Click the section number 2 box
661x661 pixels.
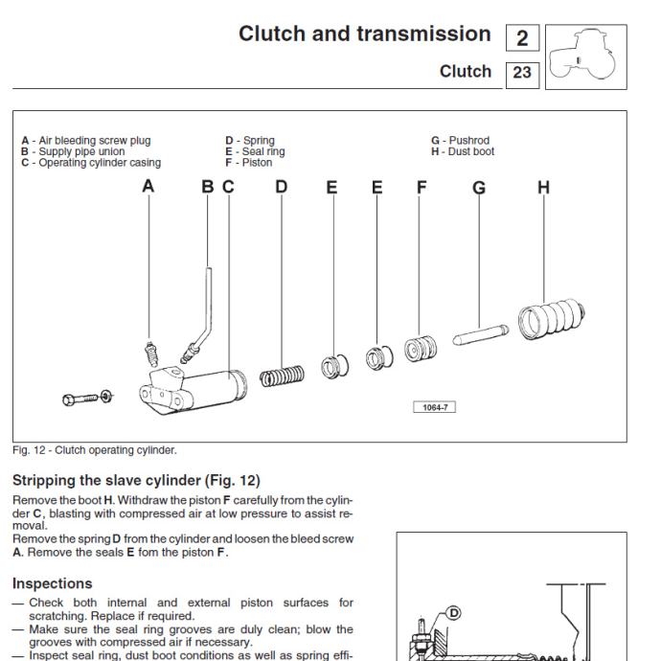point(522,38)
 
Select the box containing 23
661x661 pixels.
point(522,72)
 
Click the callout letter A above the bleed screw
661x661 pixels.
point(148,188)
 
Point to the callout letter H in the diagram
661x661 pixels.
point(543,188)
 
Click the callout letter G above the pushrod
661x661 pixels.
point(479,188)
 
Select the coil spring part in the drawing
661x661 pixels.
point(282,372)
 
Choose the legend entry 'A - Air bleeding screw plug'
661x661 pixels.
point(86,141)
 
